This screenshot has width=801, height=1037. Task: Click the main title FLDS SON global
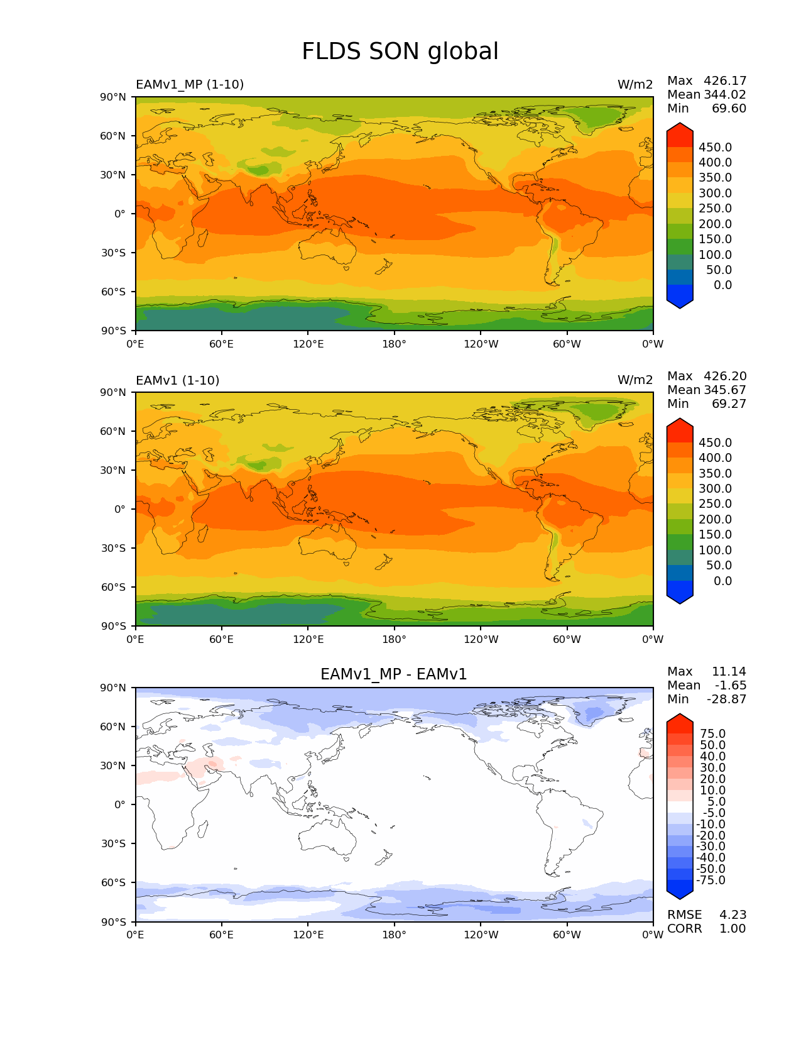[400, 52]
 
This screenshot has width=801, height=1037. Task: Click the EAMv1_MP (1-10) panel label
[190, 84]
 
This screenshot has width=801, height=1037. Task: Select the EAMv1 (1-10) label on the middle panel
[178, 380]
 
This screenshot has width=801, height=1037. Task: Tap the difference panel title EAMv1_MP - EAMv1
[394, 674]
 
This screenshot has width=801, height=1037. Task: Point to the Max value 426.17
[725, 80]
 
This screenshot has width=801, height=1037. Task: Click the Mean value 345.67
[725, 390]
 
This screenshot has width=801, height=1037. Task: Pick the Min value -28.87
[727, 699]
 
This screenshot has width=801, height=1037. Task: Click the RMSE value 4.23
[733, 914]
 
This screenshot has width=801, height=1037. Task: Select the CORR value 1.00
[733, 928]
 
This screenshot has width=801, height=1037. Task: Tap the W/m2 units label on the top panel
[635, 84]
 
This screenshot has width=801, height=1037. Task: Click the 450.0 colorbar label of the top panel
[715, 147]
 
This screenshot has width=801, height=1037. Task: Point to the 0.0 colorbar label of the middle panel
[722, 581]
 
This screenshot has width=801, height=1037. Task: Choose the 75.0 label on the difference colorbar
[713, 733]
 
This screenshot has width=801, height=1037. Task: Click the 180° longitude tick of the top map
[395, 344]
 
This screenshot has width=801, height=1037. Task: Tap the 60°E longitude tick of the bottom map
[222, 935]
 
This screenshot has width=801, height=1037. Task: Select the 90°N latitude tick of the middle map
[113, 392]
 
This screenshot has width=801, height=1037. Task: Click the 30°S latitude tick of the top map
[114, 253]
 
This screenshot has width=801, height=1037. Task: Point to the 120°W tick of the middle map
[481, 639]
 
